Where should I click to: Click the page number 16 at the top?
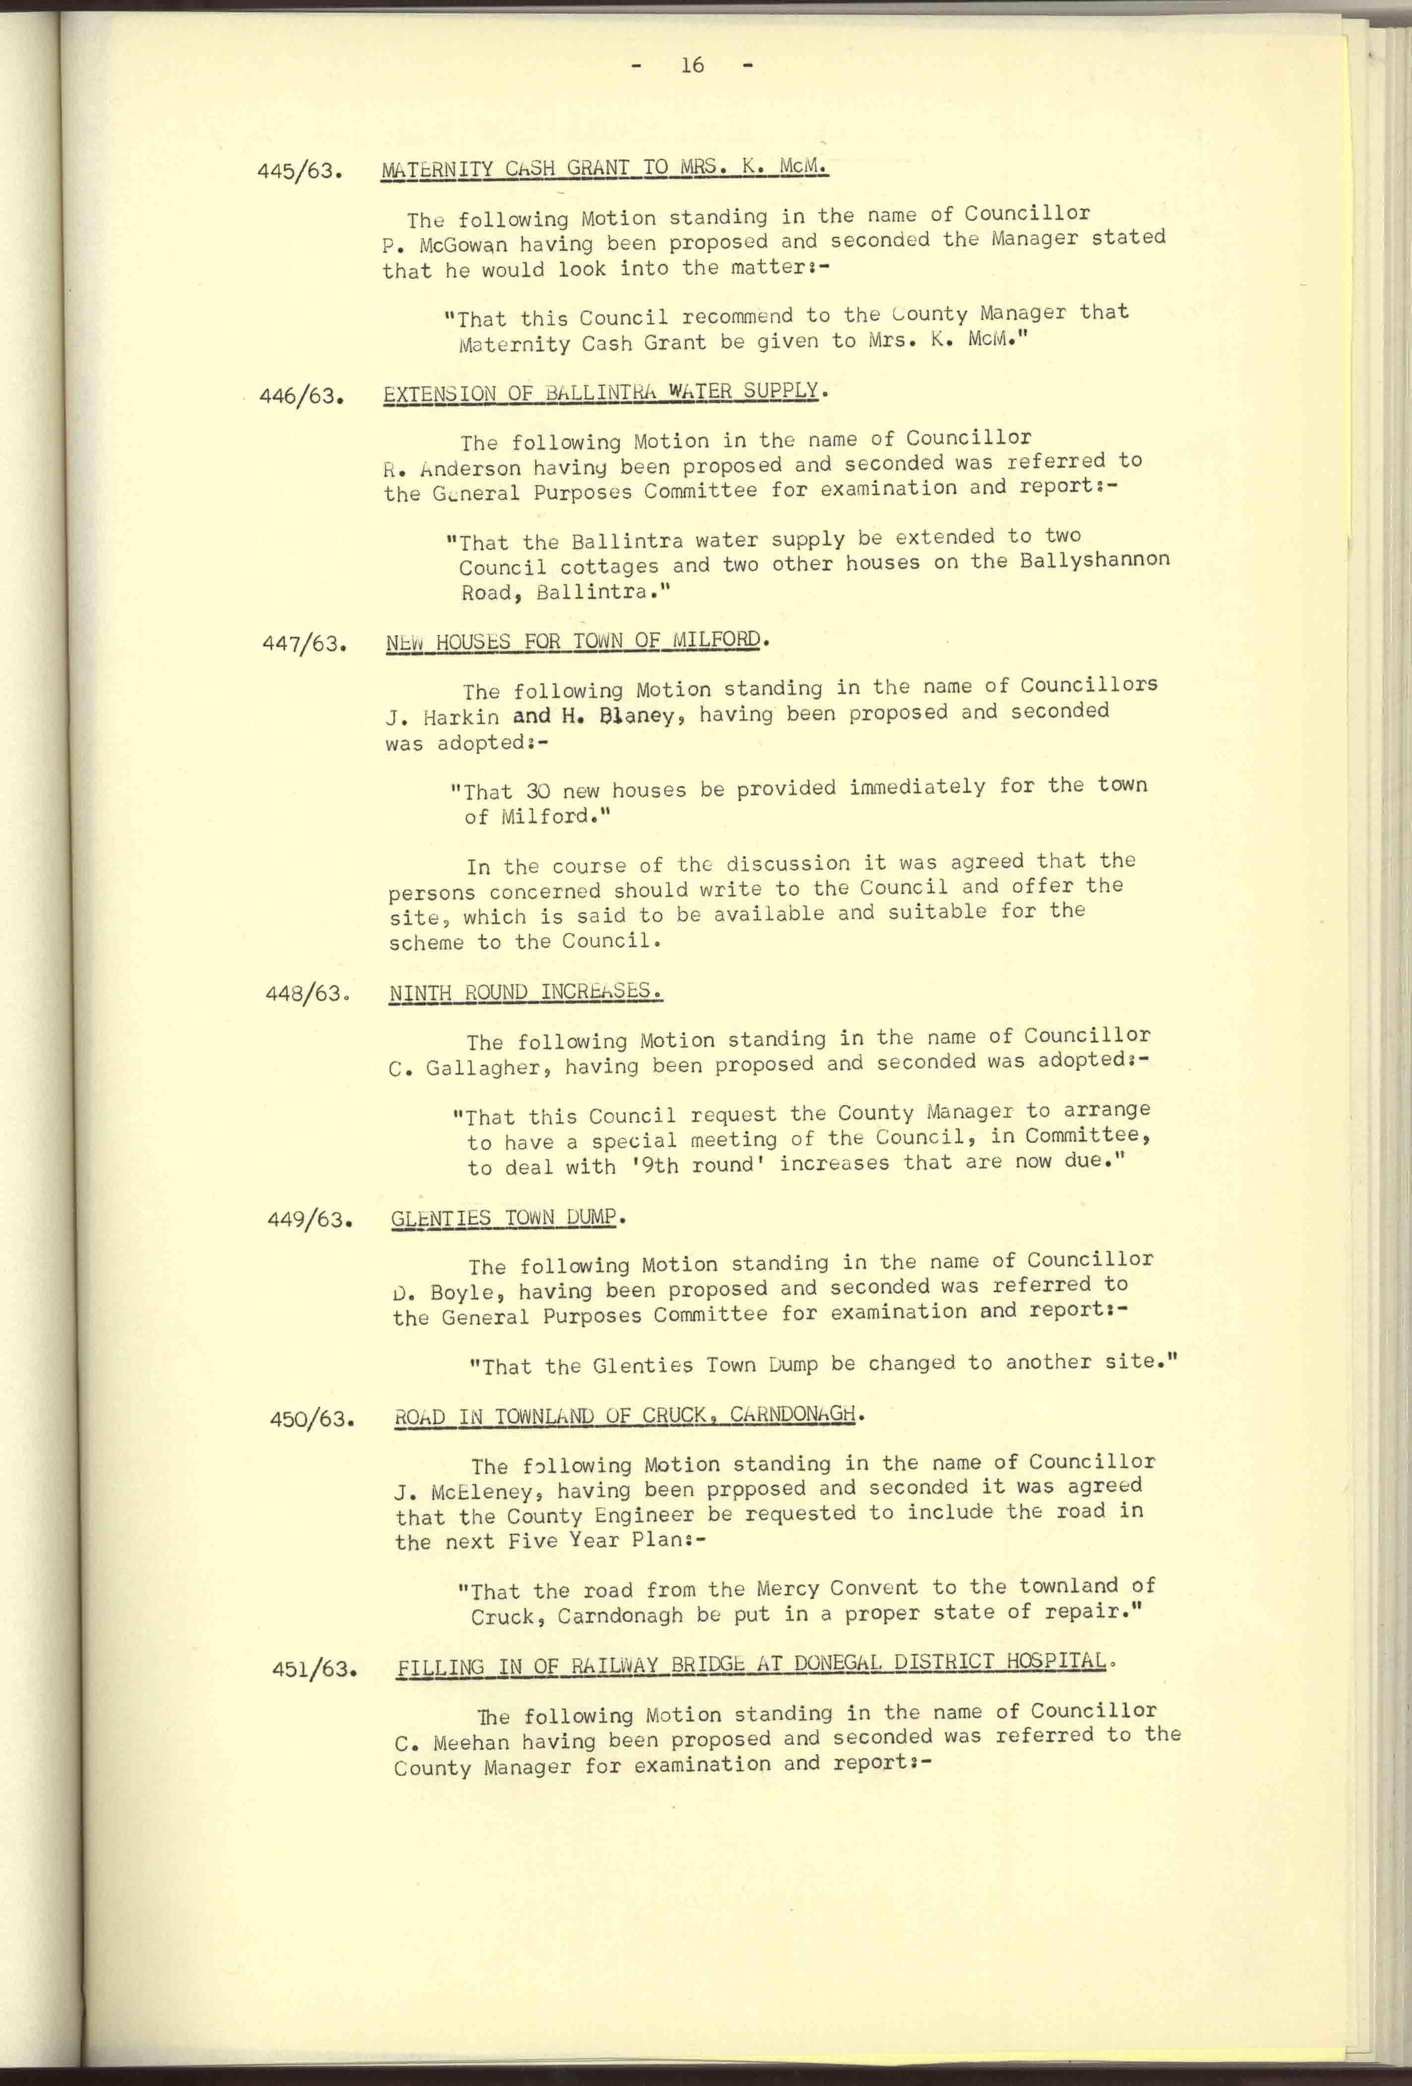pyautogui.click(x=692, y=64)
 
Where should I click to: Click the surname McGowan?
pyautogui.click(x=463, y=244)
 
